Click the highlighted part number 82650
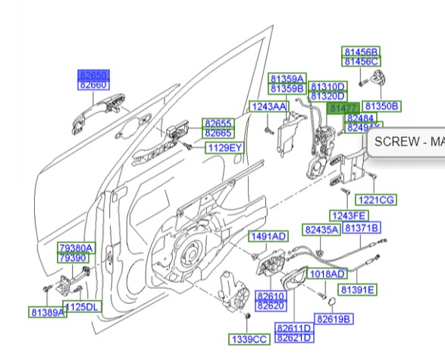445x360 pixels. point(95,75)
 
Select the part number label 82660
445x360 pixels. point(95,86)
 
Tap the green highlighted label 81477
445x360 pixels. point(340,109)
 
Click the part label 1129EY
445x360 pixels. point(224,147)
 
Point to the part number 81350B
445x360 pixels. point(381,105)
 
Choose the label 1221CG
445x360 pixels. point(376,199)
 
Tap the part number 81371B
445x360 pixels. point(362,228)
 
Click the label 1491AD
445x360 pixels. point(268,236)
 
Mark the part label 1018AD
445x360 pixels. point(327,274)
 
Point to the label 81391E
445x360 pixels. point(357,290)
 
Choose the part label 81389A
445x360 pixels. point(47,311)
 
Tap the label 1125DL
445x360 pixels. point(82,307)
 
